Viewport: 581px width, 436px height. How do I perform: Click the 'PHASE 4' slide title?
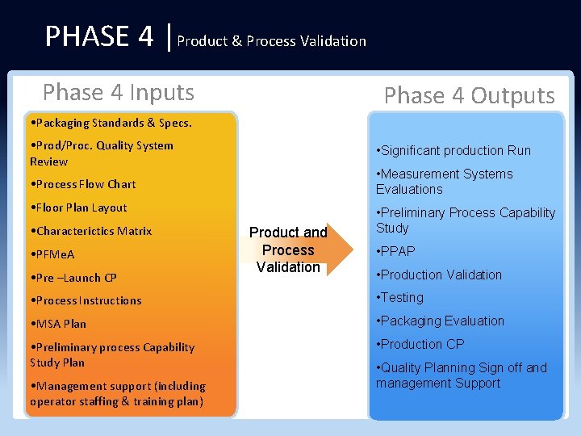(x=98, y=36)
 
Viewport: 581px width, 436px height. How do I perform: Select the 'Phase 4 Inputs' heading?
(x=119, y=92)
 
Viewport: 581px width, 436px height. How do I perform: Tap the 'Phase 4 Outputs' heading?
(x=469, y=96)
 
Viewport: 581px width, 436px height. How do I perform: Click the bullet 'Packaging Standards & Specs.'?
(x=110, y=123)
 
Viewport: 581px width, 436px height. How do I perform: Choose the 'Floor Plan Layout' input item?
(x=78, y=208)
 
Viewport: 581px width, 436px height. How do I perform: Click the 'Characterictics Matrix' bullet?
(x=90, y=231)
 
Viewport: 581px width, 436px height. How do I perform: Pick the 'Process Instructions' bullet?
(x=85, y=300)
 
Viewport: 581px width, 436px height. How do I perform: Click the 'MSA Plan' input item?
(x=57, y=324)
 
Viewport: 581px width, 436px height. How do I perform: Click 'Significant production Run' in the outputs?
(x=454, y=150)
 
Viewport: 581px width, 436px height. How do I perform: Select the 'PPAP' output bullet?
(x=396, y=251)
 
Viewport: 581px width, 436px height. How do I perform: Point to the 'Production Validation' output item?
(x=439, y=275)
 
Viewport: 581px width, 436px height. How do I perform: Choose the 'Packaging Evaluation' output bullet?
(x=440, y=321)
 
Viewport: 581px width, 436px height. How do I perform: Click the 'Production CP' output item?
(x=420, y=344)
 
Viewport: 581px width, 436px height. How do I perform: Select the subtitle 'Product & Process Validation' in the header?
(x=271, y=40)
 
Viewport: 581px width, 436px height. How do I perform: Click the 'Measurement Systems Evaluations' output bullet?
(x=444, y=181)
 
